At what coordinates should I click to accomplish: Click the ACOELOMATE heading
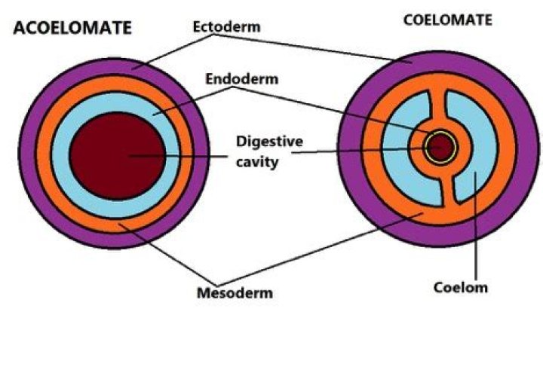coord(72,28)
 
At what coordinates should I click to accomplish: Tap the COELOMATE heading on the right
coord(447,20)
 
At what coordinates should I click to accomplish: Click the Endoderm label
coord(239,78)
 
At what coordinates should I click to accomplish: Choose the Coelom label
coord(461,286)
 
